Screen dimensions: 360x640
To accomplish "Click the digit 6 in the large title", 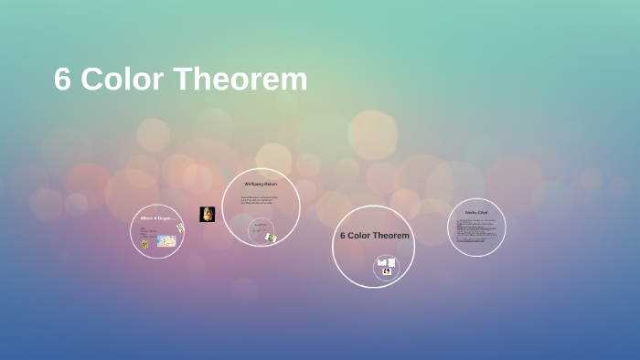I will point(62,80).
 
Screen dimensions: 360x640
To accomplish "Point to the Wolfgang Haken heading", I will point(260,185).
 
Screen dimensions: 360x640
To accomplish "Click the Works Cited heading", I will point(476,213).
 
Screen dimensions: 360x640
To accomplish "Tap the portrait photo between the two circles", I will point(208,214).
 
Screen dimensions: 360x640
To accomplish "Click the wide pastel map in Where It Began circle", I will point(165,241).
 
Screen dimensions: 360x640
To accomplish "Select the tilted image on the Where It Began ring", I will point(180,228).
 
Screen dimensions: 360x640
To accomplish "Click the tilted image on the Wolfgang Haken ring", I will point(271,238).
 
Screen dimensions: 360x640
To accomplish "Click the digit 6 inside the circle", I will point(343,235).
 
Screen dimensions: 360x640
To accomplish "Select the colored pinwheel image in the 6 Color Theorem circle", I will point(387,271).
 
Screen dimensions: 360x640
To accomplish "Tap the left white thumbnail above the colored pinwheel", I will point(381,262).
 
